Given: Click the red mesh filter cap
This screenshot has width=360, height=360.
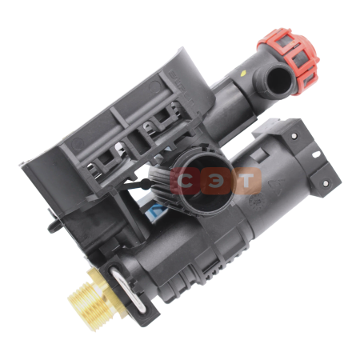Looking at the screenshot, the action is [290, 60].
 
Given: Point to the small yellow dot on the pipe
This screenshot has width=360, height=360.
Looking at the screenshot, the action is [243, 72].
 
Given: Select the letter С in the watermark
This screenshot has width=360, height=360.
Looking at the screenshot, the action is [185, 181].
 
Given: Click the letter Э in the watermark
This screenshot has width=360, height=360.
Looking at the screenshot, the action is [215, 181].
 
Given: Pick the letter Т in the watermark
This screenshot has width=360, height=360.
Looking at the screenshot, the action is [246, 181].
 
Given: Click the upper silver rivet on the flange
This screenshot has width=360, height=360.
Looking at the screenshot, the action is [294, 136].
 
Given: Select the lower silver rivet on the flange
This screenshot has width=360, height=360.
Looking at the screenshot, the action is [326, 183].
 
